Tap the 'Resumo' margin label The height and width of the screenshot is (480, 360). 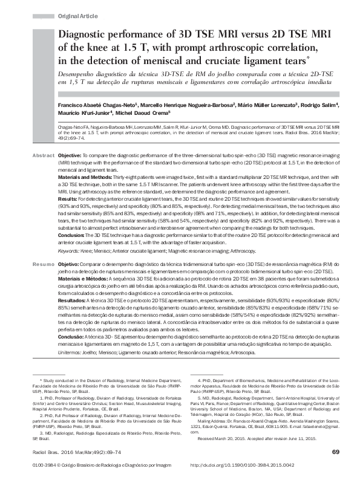43,265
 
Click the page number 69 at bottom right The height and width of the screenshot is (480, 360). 335,452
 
